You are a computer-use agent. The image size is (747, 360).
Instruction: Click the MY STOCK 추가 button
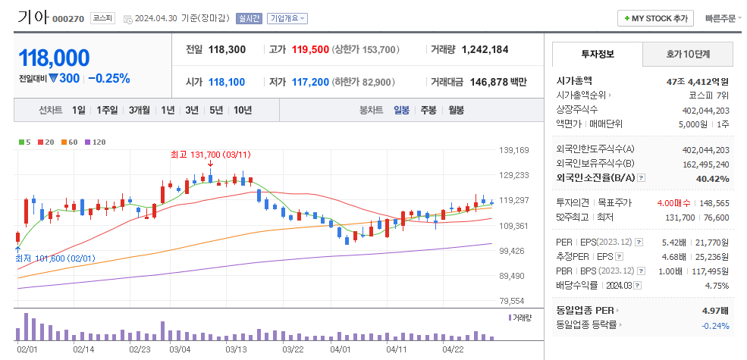point(657,18)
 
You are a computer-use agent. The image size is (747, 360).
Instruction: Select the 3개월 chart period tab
point(139,110)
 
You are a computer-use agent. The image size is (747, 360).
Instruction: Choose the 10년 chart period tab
point(243,110)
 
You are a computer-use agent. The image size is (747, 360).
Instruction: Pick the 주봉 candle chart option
point(428,110)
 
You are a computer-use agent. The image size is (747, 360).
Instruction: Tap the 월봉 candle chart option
point(456,110)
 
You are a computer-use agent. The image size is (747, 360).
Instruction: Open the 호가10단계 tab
point(687,54)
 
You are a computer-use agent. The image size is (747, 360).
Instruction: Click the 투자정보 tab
point(597,54)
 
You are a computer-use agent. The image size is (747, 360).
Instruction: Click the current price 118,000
point(54,58)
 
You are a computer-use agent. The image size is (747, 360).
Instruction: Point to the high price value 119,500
point(309,49)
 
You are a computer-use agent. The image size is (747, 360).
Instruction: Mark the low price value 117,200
point(309,82)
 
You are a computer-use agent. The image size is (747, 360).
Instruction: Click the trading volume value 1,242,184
point(485,49)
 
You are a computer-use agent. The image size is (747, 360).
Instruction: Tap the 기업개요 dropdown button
point(288,18)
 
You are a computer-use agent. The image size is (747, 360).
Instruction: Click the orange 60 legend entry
point(71,142)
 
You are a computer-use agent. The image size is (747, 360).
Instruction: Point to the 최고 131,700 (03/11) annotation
point(210,154)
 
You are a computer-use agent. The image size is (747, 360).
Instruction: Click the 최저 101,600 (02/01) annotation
point(55,258)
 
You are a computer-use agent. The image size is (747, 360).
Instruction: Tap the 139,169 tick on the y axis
point(513,150)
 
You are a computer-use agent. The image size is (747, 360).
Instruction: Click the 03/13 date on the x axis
point(236,349)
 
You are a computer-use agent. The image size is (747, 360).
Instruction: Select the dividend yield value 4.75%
point(717,286)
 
